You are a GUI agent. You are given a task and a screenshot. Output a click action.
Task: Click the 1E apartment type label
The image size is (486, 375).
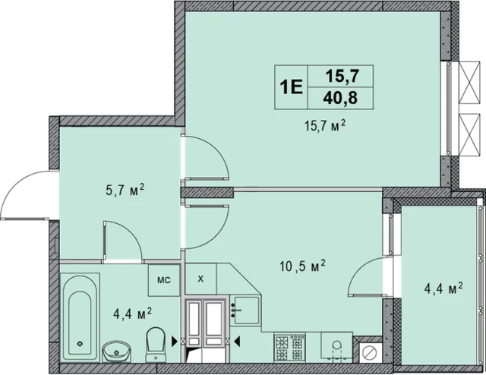[x=291, y=87]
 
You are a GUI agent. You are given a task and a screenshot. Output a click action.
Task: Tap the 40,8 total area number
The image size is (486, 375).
[x=340, y=98]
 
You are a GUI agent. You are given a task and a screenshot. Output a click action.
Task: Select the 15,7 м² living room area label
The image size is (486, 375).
[x=325, y=126]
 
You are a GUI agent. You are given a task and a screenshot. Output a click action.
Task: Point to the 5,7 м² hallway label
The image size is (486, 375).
[x=125, y=190]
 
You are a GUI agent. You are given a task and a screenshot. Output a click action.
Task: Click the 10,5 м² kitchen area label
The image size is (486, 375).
[x=302, y=266]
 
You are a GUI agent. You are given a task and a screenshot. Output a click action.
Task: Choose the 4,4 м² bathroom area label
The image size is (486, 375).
[x=132, y=314]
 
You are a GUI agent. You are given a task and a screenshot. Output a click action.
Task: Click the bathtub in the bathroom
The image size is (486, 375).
[x=80, y=317]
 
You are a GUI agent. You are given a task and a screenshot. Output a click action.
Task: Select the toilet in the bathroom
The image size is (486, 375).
[x=155, y=345]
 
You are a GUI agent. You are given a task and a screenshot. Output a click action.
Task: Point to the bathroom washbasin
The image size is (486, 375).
[x=117, y=351]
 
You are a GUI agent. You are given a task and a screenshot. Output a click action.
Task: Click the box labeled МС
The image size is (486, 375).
[x=164, y=280]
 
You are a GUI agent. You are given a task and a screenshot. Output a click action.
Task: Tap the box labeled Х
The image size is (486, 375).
[x=200, y=279]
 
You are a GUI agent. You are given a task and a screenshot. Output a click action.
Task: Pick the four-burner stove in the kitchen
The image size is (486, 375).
[x=289, y=347]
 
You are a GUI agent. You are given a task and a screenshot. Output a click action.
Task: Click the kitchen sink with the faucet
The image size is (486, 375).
[x=246, y=310]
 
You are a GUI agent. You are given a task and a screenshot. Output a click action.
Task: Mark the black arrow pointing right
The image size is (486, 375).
[x=175, y=342]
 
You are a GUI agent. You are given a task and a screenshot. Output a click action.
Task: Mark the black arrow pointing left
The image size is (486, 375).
[x=237, y=342]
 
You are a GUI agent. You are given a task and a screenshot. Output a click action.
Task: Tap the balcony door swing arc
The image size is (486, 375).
[x=359, y=269]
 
